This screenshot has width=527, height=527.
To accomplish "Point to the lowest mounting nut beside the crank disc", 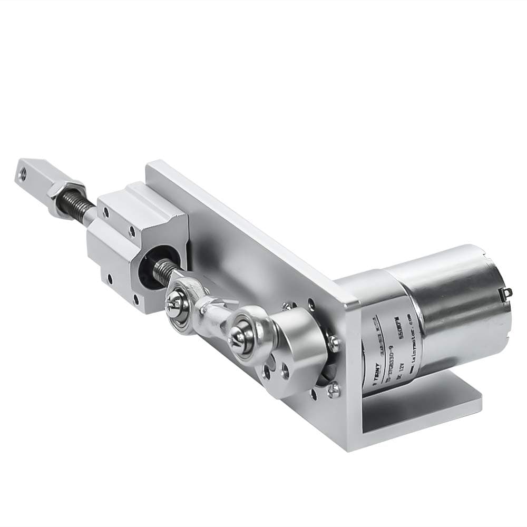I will click(x=333, y=391).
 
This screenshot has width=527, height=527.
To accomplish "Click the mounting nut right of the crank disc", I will click(x=333, y=343).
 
